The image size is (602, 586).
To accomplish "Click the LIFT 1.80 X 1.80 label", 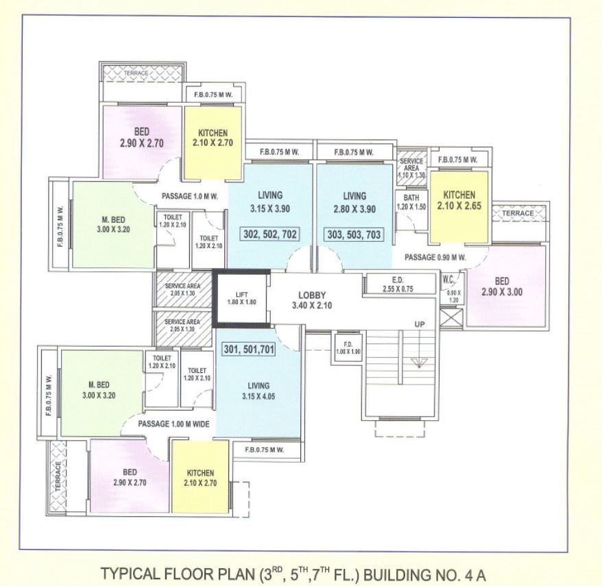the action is [x=241, y=298].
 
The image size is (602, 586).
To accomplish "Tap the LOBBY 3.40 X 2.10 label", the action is [x=312, y=300].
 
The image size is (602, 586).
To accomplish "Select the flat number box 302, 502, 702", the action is [x=270, y=234].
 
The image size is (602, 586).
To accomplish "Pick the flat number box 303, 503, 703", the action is [x=354, y=234].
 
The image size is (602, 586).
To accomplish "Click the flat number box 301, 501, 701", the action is [x=249, y=350].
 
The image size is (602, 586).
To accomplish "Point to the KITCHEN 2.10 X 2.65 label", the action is [x=459, y=200].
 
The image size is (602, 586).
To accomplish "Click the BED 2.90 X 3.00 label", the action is [x=502, y=286].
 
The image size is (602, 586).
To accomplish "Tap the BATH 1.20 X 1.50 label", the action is [x=411, y=202].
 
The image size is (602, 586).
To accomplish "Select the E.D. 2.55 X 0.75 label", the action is [x=398, y=284].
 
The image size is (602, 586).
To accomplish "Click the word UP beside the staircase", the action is [x=420, y=324].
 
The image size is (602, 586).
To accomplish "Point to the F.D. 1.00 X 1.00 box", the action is [x=348, y=348].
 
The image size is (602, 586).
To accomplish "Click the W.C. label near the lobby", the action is [x=448, y=280].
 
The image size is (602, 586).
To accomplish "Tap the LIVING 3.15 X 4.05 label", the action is [x=258, y=391].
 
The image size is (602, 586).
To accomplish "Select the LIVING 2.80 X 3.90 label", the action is [x=354, y=202].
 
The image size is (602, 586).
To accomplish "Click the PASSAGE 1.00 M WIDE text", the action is [x=173, y=424].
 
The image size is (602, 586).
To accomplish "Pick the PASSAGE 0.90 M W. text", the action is [x=435, y=258].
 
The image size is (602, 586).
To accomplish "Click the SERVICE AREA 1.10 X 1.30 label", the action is [x=411, y=168].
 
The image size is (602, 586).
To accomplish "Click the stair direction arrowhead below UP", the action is [x=419, y=363].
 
